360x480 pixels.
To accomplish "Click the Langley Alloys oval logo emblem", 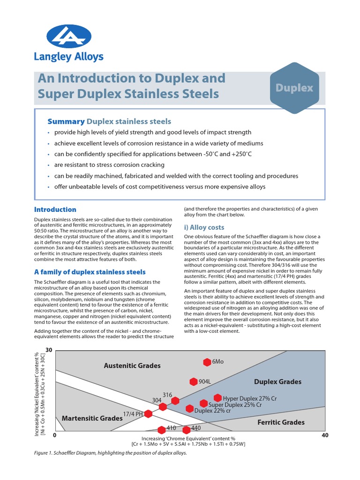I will (69, 37).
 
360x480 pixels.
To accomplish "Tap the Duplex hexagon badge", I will (294, 88).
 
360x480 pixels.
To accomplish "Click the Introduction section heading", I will (55, 210).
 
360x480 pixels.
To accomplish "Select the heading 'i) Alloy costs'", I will (204, 227).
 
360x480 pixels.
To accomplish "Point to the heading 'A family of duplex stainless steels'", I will (90, 272).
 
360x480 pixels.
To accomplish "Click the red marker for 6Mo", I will (207, 362).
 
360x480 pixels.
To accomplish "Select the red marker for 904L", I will (194, 382).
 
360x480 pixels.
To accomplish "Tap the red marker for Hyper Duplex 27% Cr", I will (217, 398).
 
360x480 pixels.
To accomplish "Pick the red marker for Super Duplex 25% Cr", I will (203, 404).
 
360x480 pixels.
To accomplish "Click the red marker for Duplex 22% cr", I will (189, 408).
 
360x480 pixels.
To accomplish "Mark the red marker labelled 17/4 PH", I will (148, 413).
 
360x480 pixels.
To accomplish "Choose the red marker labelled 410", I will (162, 429).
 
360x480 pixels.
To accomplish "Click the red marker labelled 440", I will (186, 429).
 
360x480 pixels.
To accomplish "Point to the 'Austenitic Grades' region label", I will (132, 366).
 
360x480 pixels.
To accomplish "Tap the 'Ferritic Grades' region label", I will (281, 422).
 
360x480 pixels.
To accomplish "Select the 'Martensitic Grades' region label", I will (92, 418).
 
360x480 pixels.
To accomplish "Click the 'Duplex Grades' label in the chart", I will (277, 382).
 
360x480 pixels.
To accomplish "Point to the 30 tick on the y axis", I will (49, 350).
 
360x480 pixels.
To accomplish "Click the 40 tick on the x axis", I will (326, 435).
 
